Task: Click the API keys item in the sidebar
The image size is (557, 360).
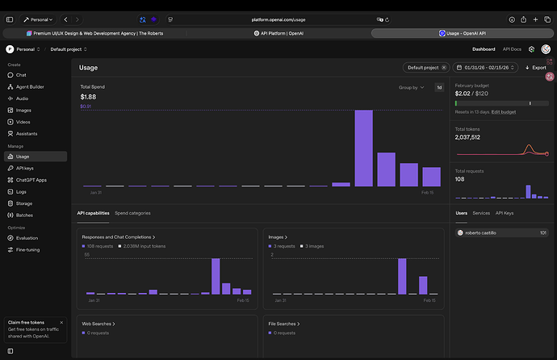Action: point(24,168)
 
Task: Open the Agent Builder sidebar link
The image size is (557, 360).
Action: point(30,86)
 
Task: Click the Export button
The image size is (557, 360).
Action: point(535,68)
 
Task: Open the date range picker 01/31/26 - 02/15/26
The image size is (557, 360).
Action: point(487,68)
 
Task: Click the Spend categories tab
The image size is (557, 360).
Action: point(132,213)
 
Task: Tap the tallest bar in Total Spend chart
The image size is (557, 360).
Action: point(363,148)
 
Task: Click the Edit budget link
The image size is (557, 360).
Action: point(504,111)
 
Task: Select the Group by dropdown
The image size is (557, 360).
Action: point(411,87)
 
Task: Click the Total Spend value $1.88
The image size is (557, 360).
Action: point(89,97)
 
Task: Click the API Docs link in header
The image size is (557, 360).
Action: point(512,49)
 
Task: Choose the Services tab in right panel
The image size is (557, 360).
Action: point(481,213)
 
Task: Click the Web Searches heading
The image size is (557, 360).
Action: point(98,324)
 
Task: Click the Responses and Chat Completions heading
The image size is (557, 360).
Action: point(118,237)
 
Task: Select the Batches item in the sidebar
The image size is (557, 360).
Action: point(25,216)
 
